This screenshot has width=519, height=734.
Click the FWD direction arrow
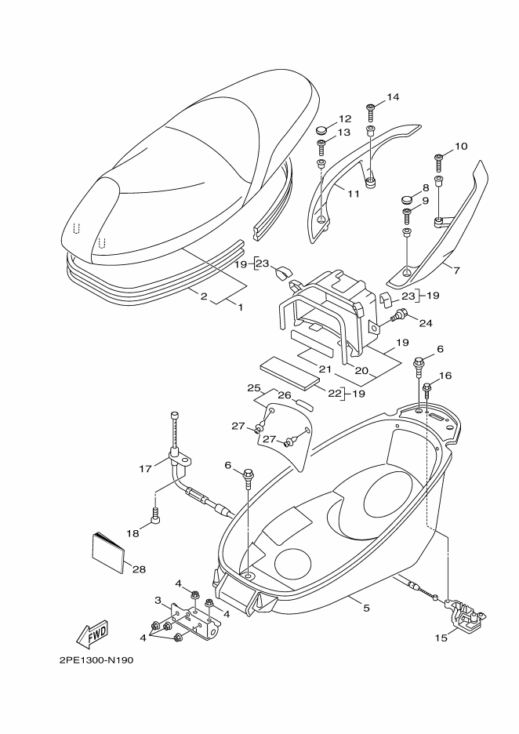click(92, 633)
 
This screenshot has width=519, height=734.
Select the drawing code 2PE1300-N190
click(96, 660)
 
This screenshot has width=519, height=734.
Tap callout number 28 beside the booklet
click(140, 569)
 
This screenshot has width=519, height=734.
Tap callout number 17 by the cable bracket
click(145, 469)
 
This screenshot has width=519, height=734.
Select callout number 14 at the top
click(393, 97)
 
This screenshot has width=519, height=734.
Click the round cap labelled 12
click(324, 128)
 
